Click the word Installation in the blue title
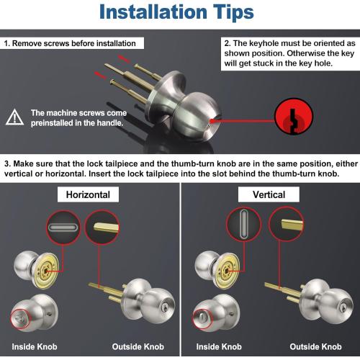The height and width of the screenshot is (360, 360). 153,12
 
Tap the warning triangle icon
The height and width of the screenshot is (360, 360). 14,117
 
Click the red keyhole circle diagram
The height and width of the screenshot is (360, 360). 294,116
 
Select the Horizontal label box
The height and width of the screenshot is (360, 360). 88,194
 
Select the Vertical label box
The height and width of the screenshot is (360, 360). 269,194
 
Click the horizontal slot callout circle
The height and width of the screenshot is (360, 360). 63,228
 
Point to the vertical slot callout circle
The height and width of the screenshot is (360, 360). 243,225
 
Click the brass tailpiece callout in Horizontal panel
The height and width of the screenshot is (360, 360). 102,228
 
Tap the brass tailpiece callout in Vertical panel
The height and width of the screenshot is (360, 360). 286,224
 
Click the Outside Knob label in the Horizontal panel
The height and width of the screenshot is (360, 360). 138,346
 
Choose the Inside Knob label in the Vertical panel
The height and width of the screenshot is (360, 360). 219,346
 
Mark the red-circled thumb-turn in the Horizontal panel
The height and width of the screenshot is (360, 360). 21,318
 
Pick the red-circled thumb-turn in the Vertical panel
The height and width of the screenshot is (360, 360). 202,318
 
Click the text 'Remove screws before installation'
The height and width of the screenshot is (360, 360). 74,43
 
